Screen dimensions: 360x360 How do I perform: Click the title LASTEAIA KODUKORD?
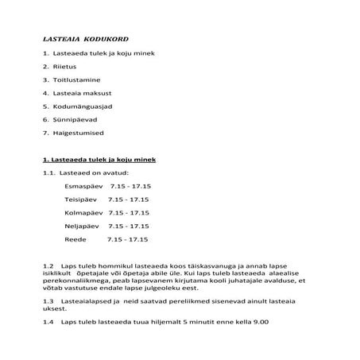coord(85,38)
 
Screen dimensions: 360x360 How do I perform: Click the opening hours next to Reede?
coord(128,238)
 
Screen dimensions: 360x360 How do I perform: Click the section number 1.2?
coord(48,265)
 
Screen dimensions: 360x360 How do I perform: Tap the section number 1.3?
coord(48,302)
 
